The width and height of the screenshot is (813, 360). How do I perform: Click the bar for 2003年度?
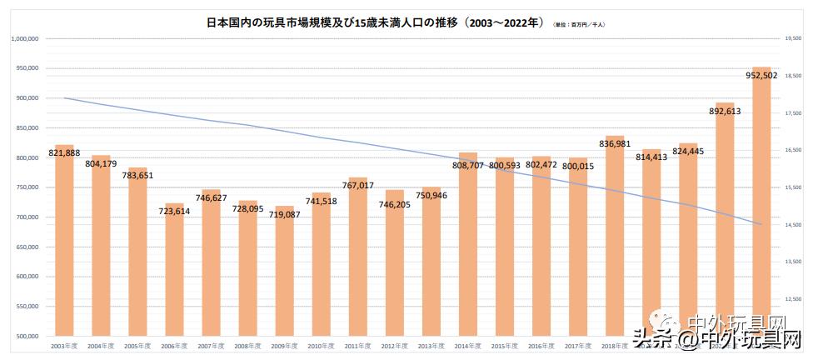click(64, 242)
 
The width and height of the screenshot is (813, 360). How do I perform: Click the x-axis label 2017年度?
click(577, 345)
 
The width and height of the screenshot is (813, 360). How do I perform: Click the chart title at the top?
click(375, 24)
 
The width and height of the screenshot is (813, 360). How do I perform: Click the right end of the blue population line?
click(761, 224)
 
